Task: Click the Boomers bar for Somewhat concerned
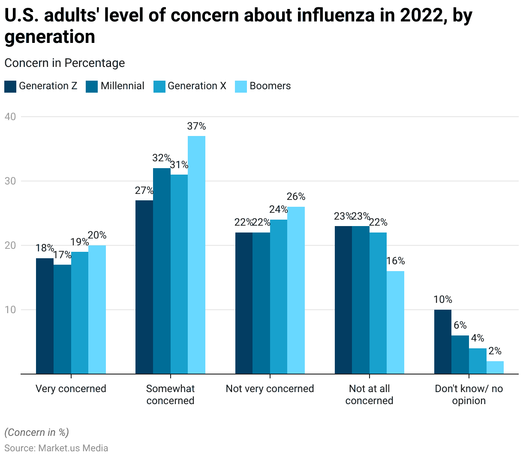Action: pos(196,255)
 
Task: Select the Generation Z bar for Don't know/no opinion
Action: pos(442,341)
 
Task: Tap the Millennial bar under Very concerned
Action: pos(62,319)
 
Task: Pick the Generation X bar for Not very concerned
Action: pos(279,297)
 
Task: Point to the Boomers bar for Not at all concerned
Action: pos(395,322)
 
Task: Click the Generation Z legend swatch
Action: pos(10,86)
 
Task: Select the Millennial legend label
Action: pos(123,86)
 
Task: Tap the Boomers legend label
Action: pos(270,86)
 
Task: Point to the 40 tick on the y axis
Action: pos(10,117)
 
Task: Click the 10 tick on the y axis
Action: pos(10,310)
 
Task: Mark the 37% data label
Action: pos(196,126)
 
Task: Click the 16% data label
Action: pos(395,261)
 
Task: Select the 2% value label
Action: pos(495,351)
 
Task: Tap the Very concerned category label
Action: pos(71,389)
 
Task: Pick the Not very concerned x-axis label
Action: pos(270,389)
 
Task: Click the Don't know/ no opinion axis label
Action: pos(469,395)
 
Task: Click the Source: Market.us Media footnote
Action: pos(56,448)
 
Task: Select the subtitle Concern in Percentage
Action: pos(65,63)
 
